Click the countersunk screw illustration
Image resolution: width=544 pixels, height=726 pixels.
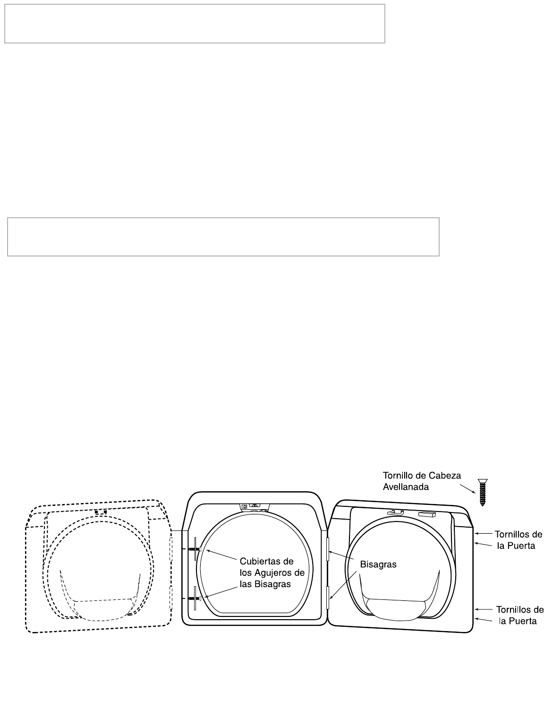482,493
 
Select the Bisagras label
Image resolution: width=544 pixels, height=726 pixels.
378,564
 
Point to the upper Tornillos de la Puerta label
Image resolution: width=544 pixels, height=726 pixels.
518,540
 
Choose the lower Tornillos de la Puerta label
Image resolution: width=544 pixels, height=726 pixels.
518,615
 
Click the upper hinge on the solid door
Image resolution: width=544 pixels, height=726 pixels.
327,548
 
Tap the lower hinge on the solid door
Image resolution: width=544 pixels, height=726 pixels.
327,598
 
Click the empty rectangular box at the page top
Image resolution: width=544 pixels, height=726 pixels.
195,24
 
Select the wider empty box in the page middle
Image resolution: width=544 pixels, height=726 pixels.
223,237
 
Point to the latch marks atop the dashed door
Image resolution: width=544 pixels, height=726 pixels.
101,512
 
